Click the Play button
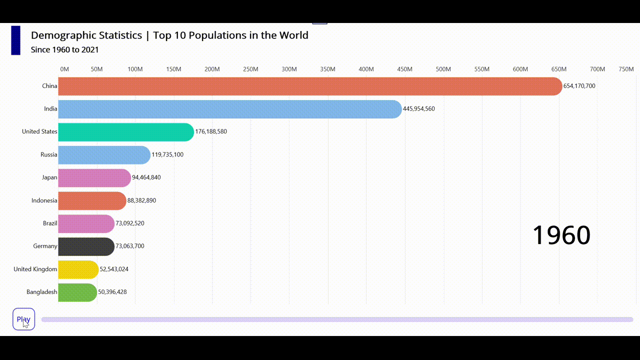click(x=23, y=319)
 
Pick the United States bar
click(x=125, y=132)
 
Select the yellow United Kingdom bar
click(x=78, y=269)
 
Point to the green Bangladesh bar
click(x=77, y=292)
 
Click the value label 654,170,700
click(x=579, y=86)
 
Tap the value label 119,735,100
click(x=167, y=155)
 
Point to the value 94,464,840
click(x=146, y=177)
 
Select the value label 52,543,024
click(x=114, y=269)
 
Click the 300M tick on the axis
click(x=289, y=69)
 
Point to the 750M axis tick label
click(x=626, y=69)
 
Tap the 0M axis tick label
click(x=64, y=69)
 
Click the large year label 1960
click(x=561, y=235)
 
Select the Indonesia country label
click(x=44, y=200)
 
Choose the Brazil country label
click(x=50, y=223)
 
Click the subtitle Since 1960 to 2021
click(x=64, y=50)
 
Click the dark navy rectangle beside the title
click(x=15, y=40)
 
